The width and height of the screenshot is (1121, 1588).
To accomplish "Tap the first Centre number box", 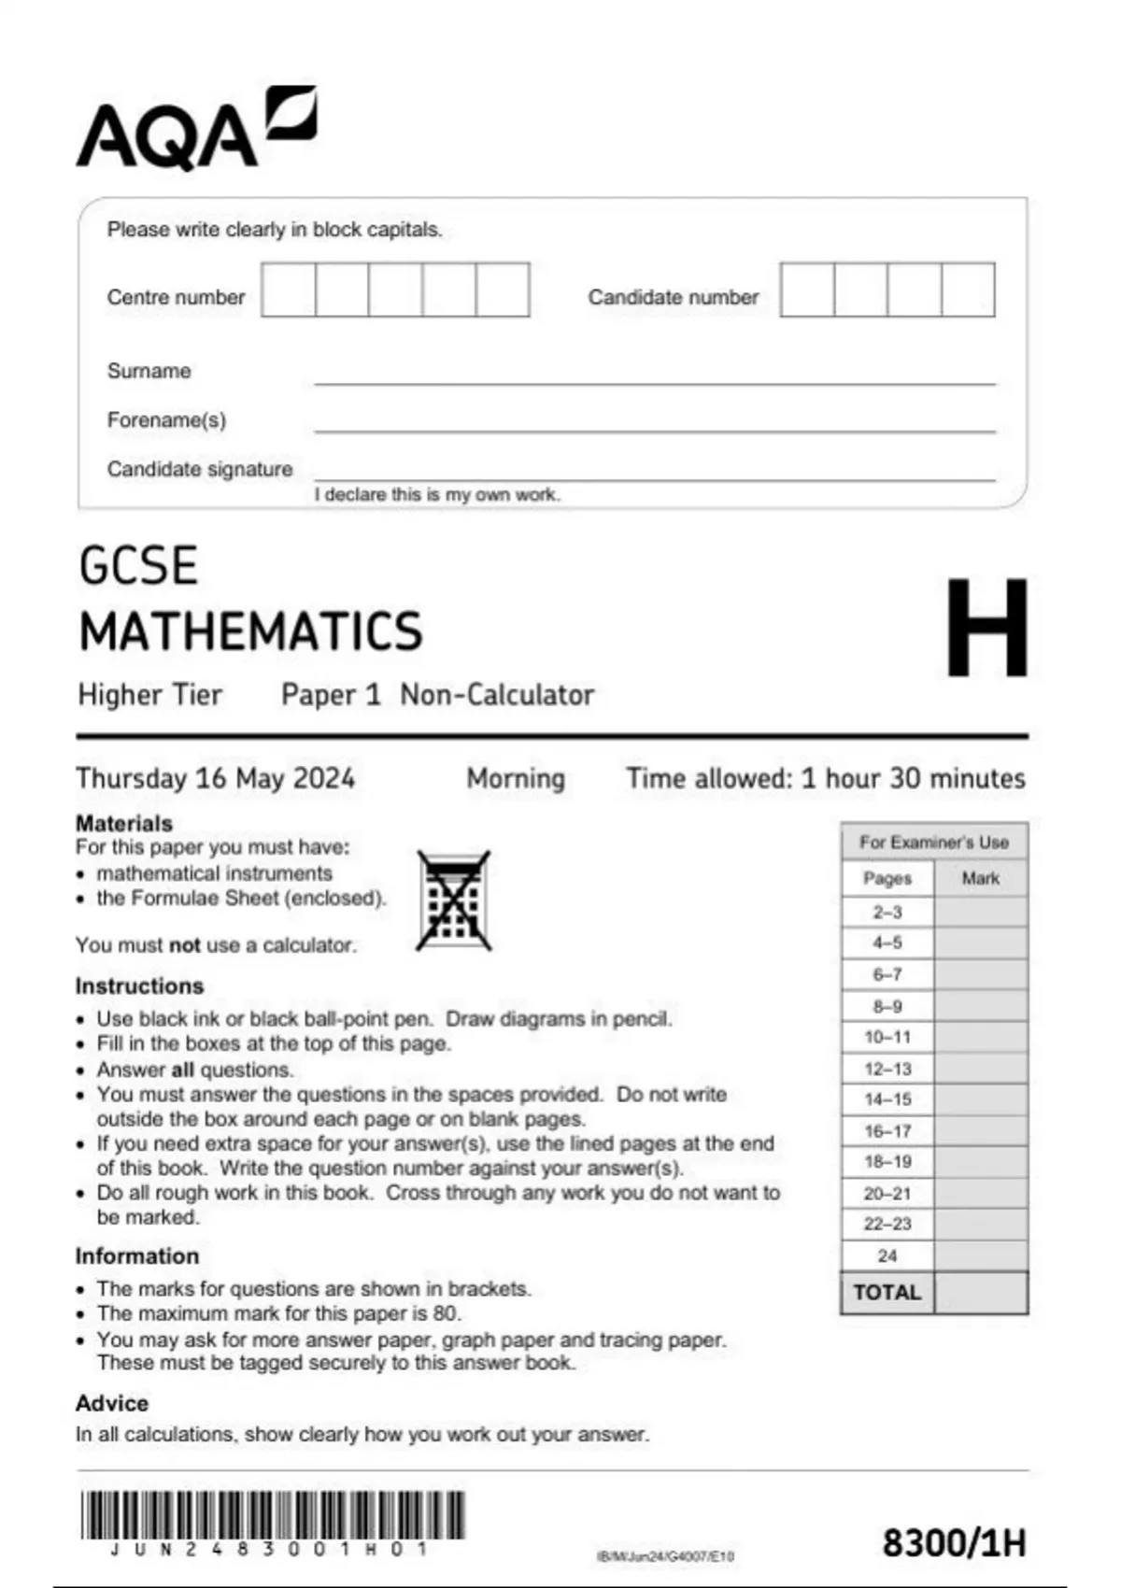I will click(289, 290).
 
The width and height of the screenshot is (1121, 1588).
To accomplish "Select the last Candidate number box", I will click(968, 290).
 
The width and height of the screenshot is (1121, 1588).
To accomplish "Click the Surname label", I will click(149, 371).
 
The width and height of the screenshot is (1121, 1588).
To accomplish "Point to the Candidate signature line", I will click(654, 478).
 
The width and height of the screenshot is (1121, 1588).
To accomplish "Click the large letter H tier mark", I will click(986, 627).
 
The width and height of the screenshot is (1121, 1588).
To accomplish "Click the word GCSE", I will click(138, 566).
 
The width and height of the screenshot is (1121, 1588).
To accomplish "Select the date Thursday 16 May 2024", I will click(215, 778).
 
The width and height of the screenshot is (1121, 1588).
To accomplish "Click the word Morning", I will click(516, 778).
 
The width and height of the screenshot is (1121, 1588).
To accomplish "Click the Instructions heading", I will click(139, 985).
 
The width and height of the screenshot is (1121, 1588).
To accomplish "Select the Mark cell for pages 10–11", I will click(980, 1037).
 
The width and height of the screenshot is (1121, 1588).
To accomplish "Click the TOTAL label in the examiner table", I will click(887, 1292).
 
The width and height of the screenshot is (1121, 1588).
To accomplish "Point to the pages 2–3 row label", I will click(887, 912).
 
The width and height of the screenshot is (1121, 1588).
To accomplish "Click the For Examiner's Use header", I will click(933, 842).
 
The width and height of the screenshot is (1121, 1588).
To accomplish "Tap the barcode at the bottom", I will click(272, 1515).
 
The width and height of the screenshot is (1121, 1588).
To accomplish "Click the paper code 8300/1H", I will click(954, 1542).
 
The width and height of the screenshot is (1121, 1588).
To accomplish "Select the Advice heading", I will click(112, 1403).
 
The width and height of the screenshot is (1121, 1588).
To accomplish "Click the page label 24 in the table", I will click(887, 1255).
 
